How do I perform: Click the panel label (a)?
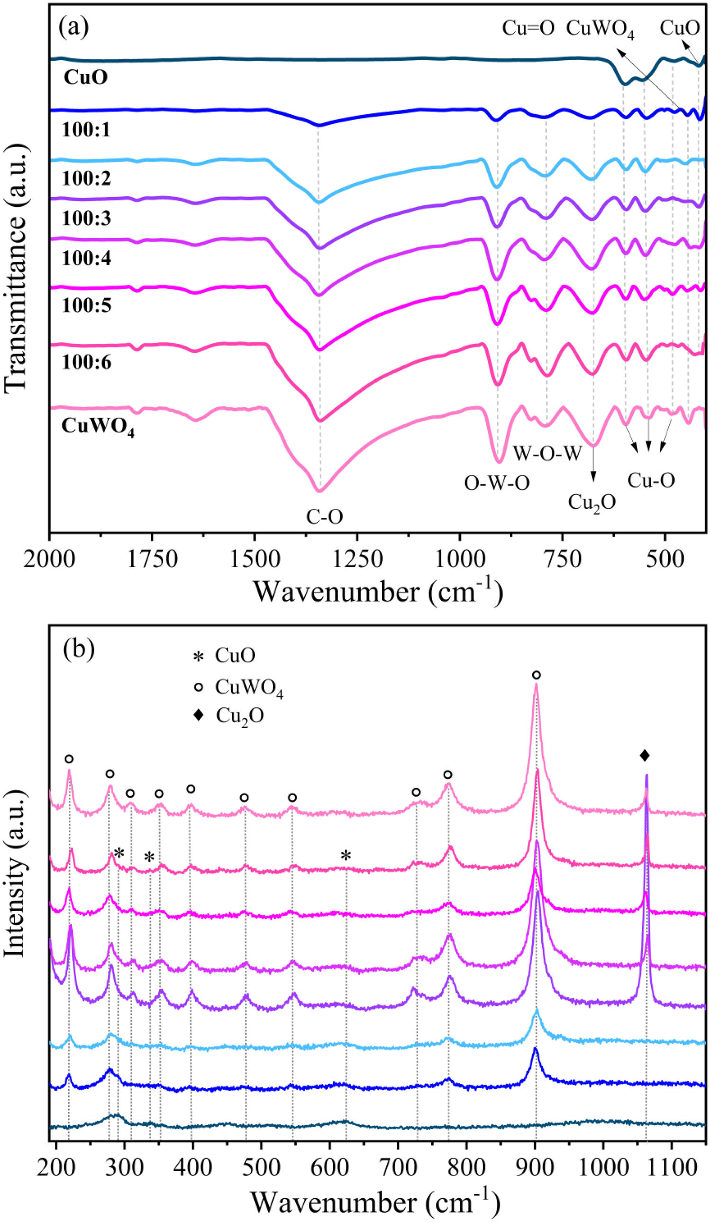point(73,28)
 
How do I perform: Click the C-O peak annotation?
point(324,517)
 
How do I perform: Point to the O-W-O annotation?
point(497,483)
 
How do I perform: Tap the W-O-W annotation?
point(547,454)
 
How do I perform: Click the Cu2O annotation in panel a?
point(592,502)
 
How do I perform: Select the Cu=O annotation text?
point(528,28)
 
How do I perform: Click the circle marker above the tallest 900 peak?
point(536,675)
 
